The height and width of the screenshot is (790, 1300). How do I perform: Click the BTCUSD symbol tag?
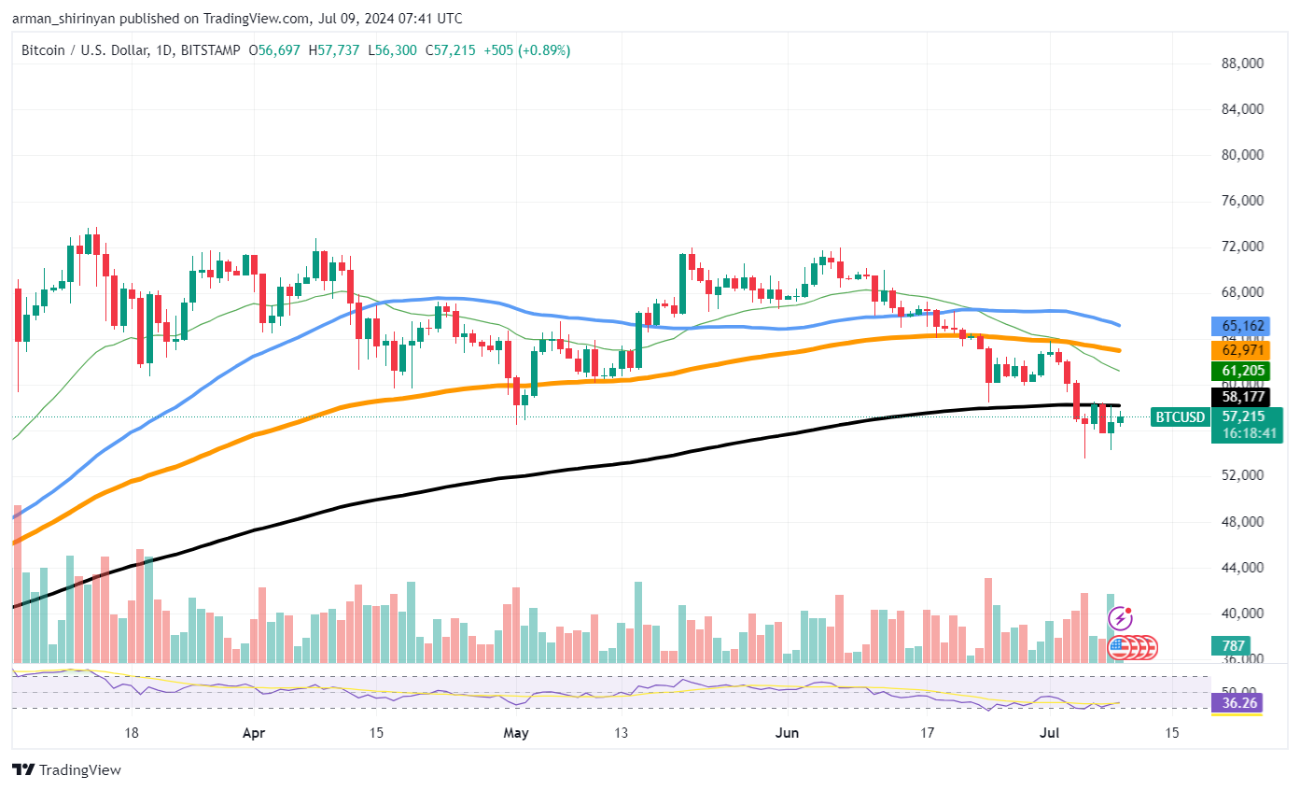(x=1180, y=417)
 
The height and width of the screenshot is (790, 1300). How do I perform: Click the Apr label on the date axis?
(x=254, y=733)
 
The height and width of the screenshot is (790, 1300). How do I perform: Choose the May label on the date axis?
(x=516, y=733)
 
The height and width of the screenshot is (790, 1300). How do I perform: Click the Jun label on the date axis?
(x=787, y=733)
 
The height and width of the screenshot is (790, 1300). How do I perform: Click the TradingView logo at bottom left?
(x=66, y=770)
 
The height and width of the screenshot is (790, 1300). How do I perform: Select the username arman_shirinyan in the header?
(x=63, y=19)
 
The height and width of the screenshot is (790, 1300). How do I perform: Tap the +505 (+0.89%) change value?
(x=524, y=50)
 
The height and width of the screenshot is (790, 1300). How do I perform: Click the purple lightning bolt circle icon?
(x=1120, y=618)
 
